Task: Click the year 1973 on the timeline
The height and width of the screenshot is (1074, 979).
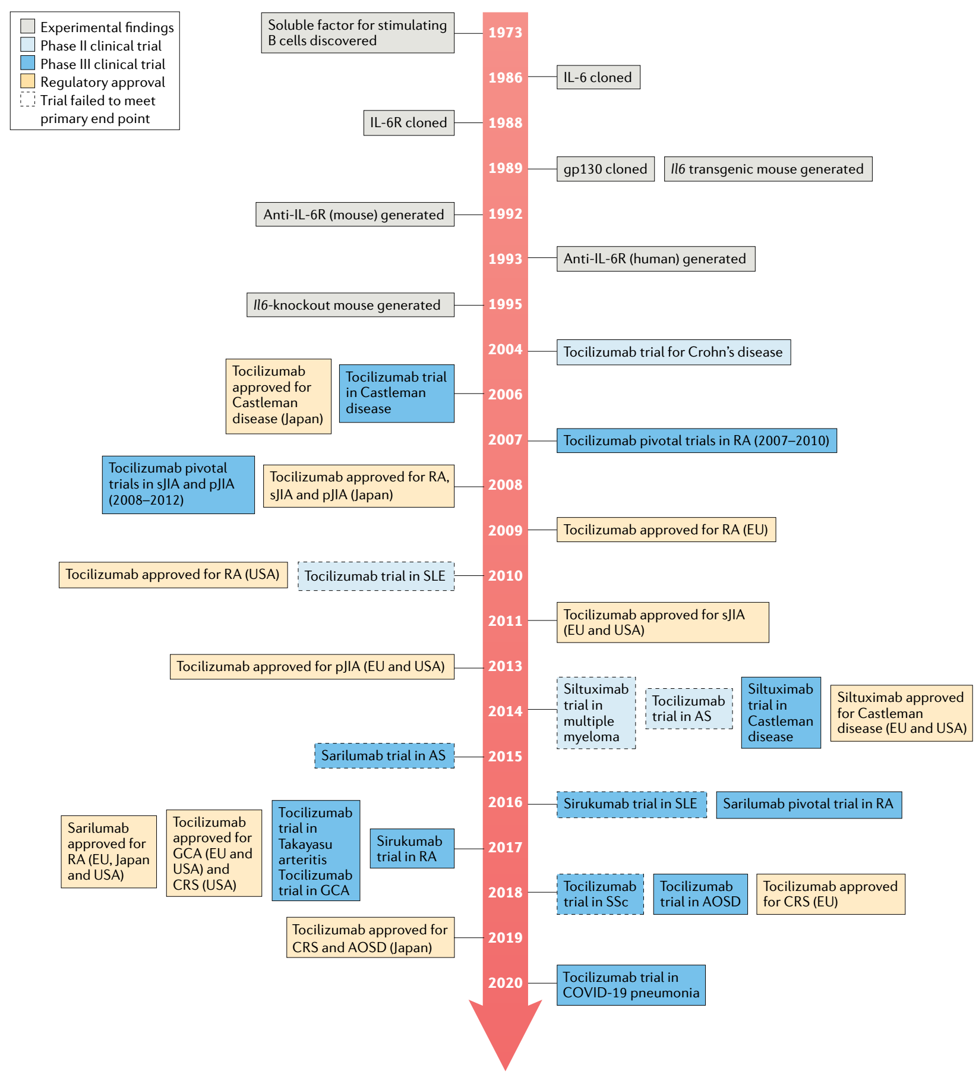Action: tap(505, 32)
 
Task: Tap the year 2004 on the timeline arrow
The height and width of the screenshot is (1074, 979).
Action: tap(505, 349)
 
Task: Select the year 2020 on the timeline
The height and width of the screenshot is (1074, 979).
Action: tap(505, 982)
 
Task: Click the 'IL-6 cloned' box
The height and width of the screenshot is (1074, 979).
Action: tap(598, 77)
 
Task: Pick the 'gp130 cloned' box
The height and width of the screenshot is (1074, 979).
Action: tap(605, 169)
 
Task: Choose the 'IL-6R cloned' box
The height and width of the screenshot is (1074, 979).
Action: tap(409, 122)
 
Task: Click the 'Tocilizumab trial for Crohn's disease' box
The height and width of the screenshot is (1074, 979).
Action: tap(674, 352)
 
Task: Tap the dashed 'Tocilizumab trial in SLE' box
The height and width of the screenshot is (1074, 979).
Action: tap(376, 576)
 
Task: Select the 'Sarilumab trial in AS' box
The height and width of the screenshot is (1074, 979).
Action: tap(384, 755)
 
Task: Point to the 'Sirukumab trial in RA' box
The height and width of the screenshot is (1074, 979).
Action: tap(412, 849)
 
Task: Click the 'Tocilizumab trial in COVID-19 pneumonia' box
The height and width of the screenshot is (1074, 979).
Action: tap(631, 985)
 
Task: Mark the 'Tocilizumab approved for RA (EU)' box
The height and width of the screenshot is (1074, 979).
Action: tap(666, 530)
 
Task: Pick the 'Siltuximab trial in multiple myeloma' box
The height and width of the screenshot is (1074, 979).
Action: tap(596, 713)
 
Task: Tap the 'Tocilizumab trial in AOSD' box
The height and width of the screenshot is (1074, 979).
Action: tap(700, 894)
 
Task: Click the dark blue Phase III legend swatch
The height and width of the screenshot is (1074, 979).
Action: tap(27, 63)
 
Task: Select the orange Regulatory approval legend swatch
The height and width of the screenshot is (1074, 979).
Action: tap(27, 81)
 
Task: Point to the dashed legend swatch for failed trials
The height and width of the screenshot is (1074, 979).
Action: tap(27, 99)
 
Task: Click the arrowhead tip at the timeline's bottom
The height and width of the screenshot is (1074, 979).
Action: tap(505, 1070)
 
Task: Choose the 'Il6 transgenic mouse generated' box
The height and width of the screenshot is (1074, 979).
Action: tap(768, 169)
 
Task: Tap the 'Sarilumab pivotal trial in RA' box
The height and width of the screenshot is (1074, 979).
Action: tap(809, 805)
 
